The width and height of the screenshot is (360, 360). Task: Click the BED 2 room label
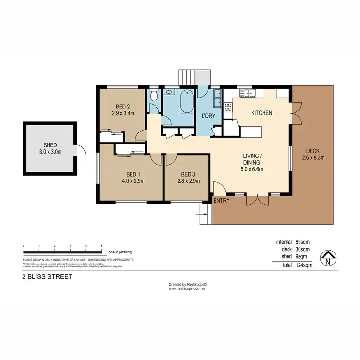tap(121, 107)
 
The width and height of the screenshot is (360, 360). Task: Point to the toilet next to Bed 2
tap(154, 96)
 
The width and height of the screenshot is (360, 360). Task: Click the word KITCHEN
tap(262, 113)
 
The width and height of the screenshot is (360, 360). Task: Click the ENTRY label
tap(221, 200)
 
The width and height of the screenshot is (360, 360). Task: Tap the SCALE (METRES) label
tap(120, 252)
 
